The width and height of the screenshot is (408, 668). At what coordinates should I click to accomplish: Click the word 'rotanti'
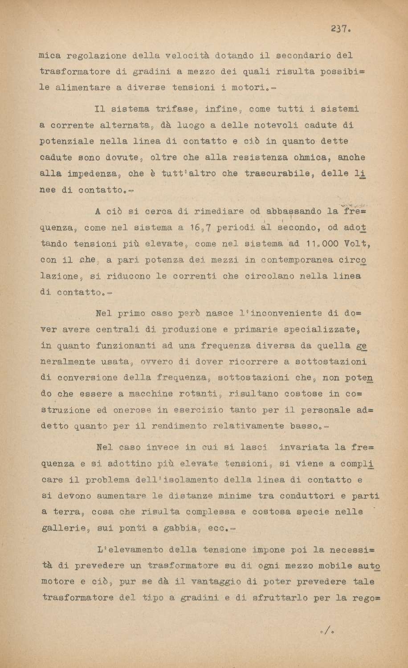pos(198,394)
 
